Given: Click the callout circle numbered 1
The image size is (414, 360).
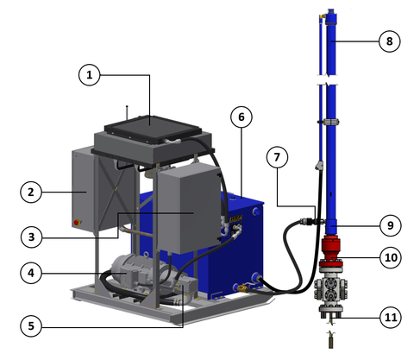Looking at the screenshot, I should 91,76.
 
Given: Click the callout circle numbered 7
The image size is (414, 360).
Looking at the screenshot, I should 277,159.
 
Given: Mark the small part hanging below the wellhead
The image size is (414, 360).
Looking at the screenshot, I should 329,338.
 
